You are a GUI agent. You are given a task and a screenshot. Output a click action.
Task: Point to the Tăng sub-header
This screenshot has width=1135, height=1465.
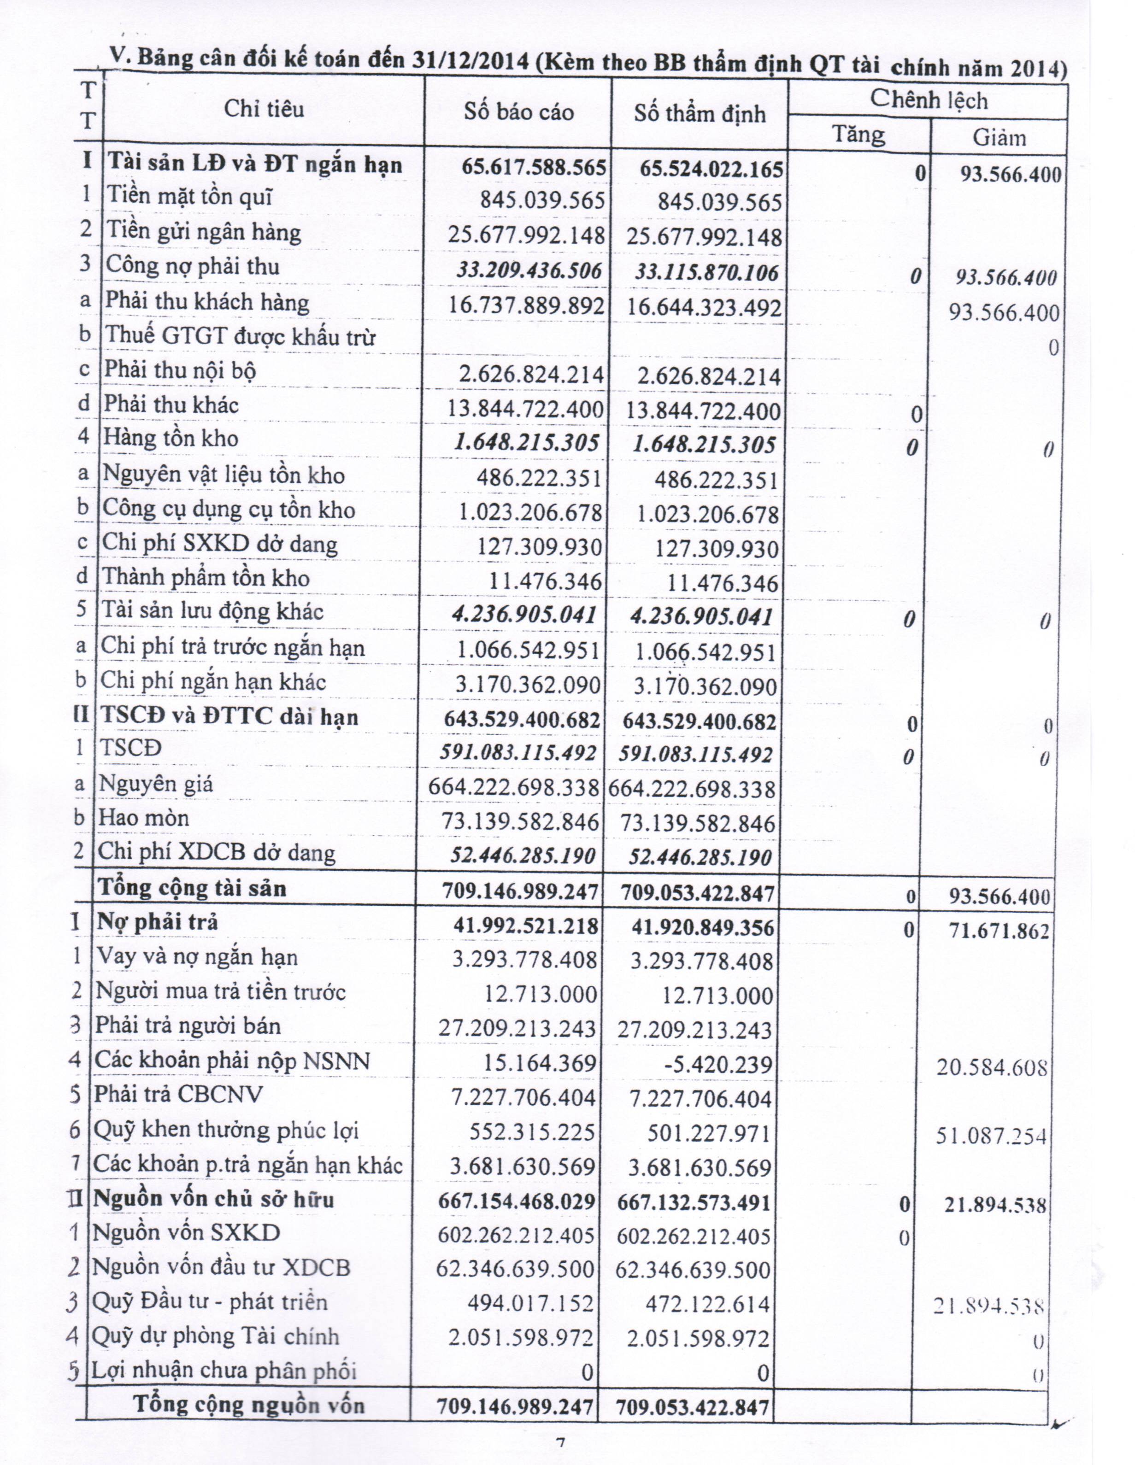[x=859, y=134]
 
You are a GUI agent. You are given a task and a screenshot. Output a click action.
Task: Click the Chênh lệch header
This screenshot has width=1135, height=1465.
[x=929, y=100]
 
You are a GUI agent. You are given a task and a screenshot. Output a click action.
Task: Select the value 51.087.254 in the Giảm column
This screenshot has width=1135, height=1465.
[x=991, y=1136]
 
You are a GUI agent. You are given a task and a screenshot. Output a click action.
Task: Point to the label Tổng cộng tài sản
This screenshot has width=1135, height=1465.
[x=193, y=889]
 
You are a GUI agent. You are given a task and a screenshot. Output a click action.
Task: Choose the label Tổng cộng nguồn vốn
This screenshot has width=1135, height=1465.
[x=250, y=1404]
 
